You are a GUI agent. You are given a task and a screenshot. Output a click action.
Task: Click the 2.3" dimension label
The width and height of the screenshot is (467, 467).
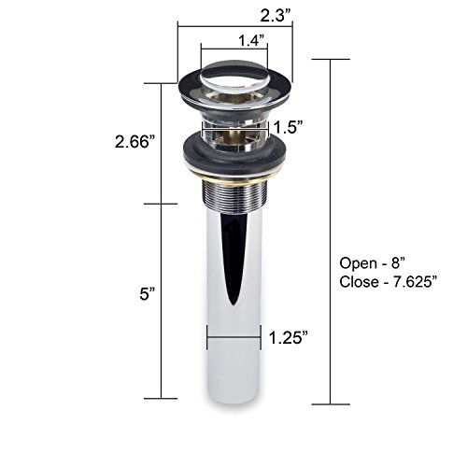point(276,15)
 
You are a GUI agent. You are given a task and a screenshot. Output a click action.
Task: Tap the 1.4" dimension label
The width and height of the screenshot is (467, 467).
point(251,40)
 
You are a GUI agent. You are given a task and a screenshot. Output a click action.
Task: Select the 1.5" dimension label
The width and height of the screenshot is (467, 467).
point(288,127)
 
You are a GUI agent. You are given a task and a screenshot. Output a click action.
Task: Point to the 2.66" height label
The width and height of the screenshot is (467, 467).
point(135,142)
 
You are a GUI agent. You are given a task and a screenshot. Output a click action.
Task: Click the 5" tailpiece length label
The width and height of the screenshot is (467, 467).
point(147,294)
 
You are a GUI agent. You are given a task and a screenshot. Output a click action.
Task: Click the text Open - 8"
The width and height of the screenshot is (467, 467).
point(372,263)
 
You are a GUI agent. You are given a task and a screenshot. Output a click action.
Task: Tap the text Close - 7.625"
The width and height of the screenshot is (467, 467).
point(387,282)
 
